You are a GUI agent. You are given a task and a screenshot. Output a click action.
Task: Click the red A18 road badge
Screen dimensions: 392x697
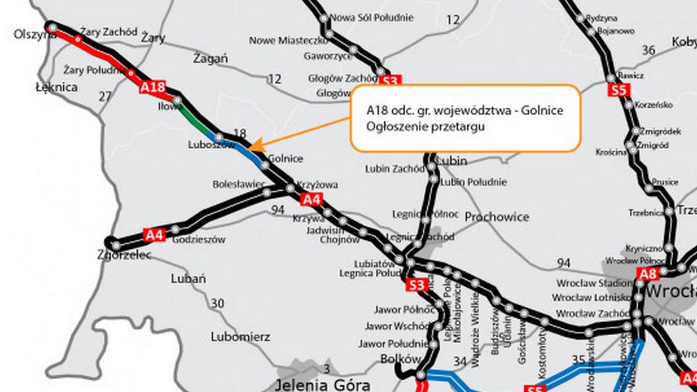pyautogui.click(x=152, y=86)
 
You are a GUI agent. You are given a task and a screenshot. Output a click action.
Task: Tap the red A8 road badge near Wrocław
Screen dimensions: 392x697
pyautogui.click(x=647, y=273)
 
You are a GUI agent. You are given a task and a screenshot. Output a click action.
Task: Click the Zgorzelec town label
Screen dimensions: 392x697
pyautogui.click(x=124, y=255)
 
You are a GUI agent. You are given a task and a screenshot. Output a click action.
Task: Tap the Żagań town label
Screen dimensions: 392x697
pyautogui.click(x=211, y=59)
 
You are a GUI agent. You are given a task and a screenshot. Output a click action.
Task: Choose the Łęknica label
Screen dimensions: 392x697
pyautogui.click(x=56, y=87)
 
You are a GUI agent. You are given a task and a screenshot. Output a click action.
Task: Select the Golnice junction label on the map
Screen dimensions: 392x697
pyautogui.click(x=286, y=158)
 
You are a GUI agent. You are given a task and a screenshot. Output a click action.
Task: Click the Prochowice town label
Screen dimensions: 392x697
pyautogui.click(x=496, y=216)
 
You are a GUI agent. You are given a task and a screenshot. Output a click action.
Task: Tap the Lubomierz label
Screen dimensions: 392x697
pyautogui.click(x=240, y=337)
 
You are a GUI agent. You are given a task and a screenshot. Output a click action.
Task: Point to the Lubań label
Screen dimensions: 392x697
pyautogui.click(x=188, y=278)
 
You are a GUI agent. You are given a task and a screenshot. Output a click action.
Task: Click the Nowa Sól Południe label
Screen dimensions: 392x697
pyautogui.click(x=371, y=17)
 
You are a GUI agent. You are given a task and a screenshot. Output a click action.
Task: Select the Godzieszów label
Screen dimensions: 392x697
pyautogui.click(x=199, y=240)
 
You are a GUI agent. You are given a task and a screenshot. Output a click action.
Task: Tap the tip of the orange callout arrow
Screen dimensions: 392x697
pyautogui.click(x=253, y=147)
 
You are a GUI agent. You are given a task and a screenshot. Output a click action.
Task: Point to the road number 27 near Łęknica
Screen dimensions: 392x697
pyautogui.click(x=105, y=96)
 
